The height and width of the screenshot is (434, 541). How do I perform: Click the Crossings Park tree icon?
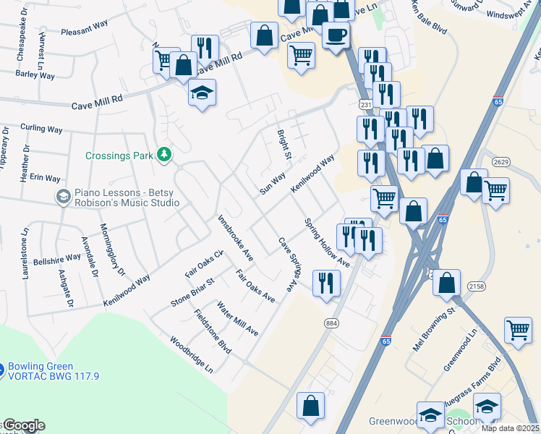166,155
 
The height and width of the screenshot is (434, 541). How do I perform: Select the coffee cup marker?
336,35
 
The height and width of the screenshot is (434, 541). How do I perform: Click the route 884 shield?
331,323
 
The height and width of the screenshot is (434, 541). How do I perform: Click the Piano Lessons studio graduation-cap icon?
63,196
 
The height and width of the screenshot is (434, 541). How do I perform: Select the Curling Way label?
41,129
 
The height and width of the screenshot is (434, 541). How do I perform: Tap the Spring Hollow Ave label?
327,243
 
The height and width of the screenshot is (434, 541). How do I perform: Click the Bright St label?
284,145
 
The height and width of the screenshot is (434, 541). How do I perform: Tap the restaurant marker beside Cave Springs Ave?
326,283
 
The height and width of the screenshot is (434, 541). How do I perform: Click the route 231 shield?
366,106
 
